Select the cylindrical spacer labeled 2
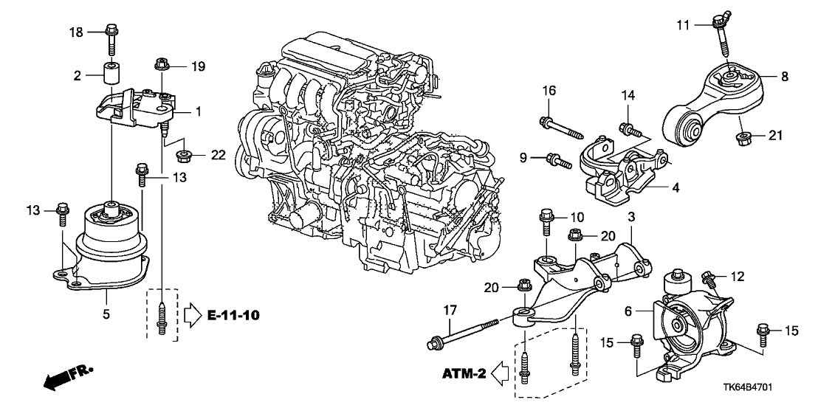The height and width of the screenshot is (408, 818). [112, 75]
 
